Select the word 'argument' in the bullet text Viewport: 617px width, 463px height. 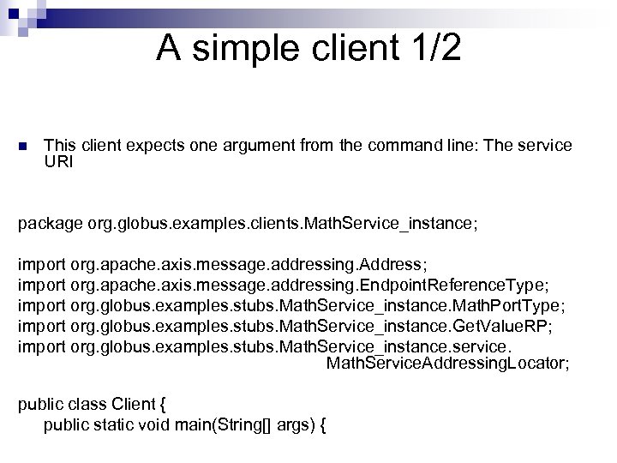click(248, 146)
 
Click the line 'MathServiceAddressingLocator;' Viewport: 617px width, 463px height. click(448, 364)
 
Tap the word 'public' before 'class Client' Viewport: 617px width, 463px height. click(39, 406)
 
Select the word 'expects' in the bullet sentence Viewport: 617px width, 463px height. click(152, 147)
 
